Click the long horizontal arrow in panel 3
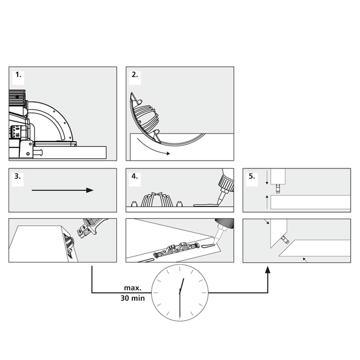(x=62, y=190)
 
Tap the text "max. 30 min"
(x=132, y=293)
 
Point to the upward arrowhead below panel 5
(x=268, y=270)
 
